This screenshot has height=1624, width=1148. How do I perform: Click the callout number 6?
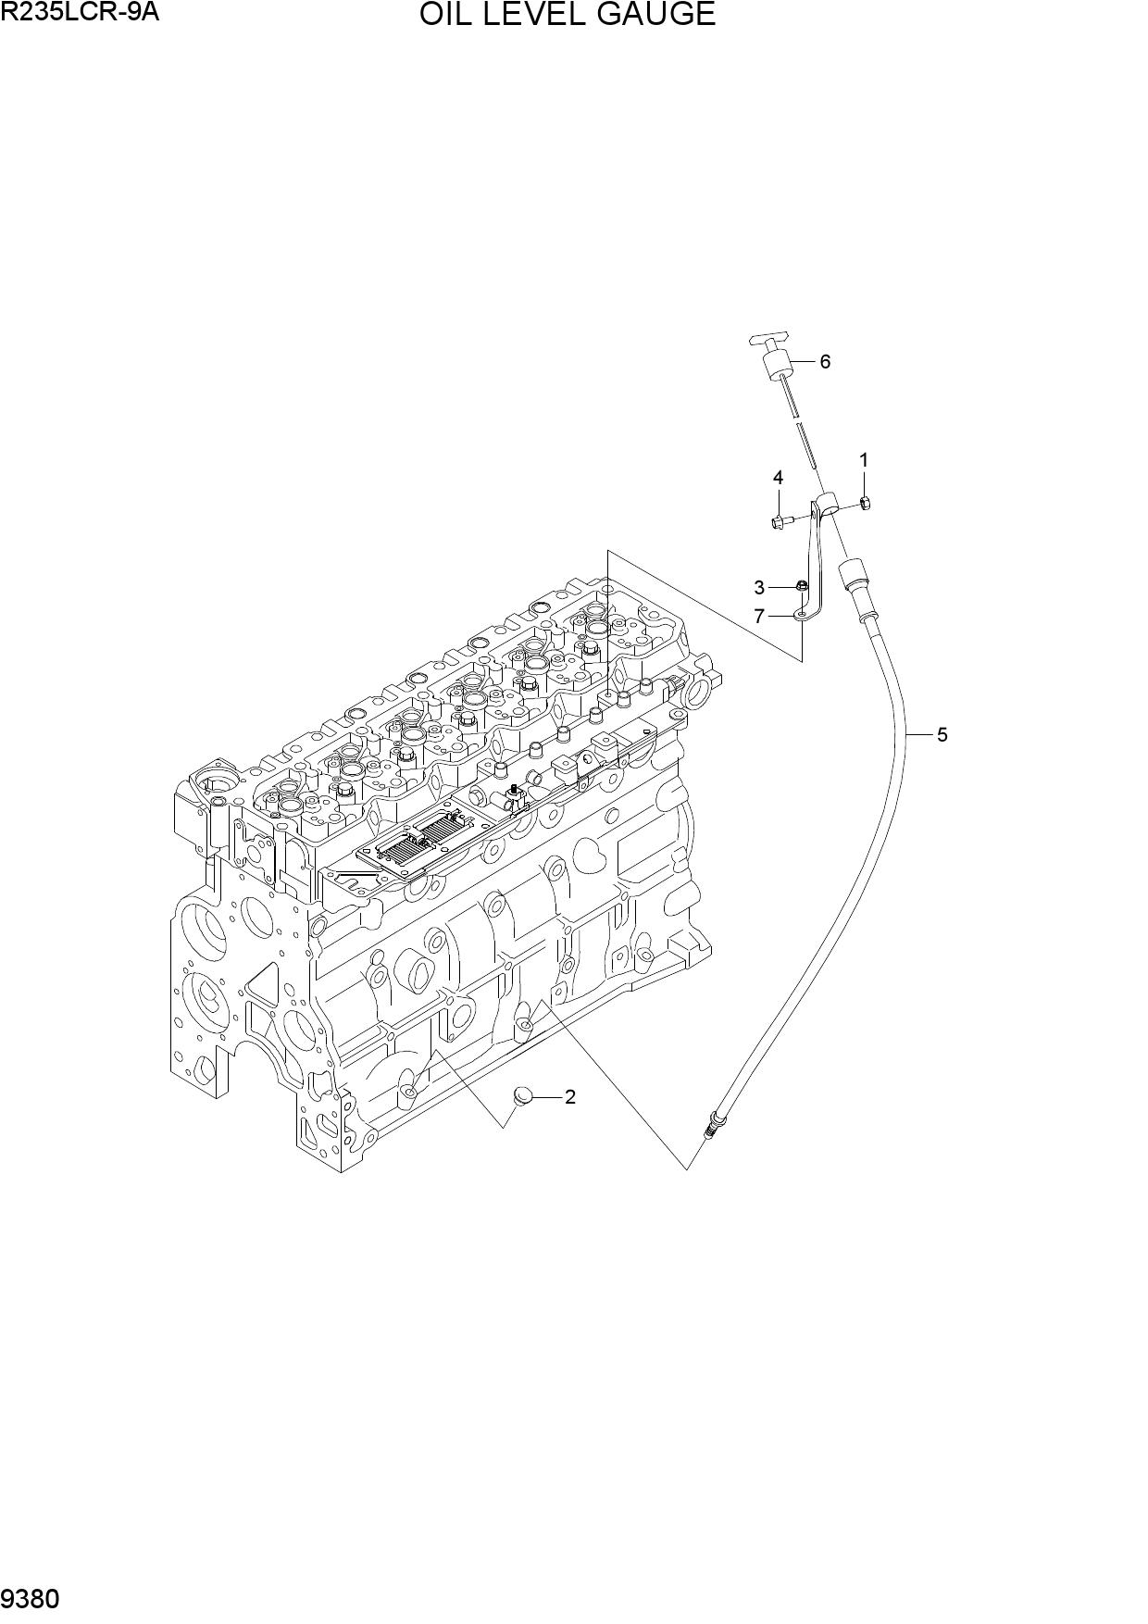click(x=825, y=361)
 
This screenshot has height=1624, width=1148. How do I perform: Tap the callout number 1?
click(x=864, y=460)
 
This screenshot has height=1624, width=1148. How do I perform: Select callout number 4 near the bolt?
click(x=778, y=478)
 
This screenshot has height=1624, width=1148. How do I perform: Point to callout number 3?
click(x=759, y=588)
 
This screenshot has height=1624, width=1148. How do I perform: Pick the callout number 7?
click(x=759, y=616)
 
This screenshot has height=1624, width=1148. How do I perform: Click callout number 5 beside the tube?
click(x=942, y=735)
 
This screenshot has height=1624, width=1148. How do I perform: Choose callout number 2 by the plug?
click(x=570, y=1097)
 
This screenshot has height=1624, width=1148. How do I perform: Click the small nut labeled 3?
click(x=803, y=585)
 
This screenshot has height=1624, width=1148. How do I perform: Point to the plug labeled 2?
click(x=524, y=1098)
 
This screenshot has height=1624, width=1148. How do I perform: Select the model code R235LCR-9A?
click(x=74, y=13)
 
